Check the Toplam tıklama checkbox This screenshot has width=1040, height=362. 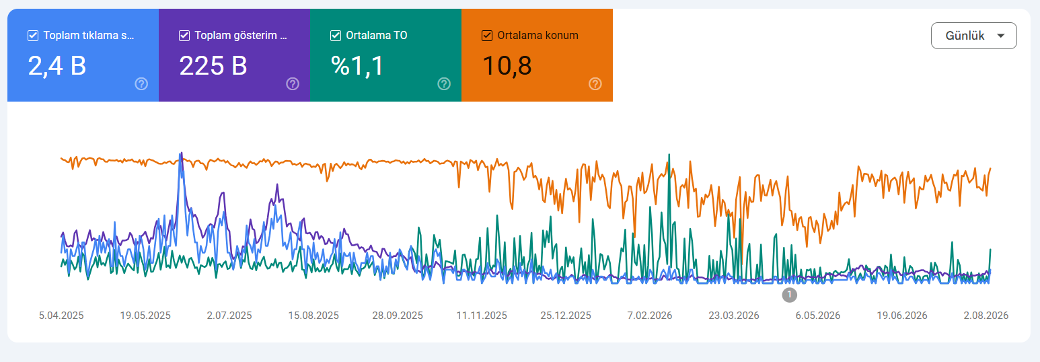[33, 36]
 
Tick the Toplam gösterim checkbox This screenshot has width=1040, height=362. [184, 36]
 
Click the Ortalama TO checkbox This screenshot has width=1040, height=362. [336, 36]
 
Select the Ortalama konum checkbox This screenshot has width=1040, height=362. [487, 36]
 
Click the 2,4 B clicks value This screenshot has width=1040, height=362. [57, 65]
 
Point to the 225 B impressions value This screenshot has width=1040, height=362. [213, 65]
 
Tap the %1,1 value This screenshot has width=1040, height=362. [357, 65]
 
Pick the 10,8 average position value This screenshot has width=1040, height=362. [507, 65]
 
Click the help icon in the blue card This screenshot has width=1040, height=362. [142, 84]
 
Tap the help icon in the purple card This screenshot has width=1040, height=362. [293, 84]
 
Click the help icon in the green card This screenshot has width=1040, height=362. [445, 84]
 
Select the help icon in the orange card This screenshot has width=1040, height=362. [595, 84]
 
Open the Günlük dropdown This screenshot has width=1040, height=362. [973, 36]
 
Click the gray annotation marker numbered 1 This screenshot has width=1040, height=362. [789, 295]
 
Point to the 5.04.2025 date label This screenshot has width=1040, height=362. [61, 316]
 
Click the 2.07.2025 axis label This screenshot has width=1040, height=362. [229, 316]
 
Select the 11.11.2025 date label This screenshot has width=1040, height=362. [482, 316]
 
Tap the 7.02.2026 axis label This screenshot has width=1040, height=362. [650, 316]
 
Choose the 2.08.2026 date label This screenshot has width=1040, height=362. [986, 316]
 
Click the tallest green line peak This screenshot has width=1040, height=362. [669, 155]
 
